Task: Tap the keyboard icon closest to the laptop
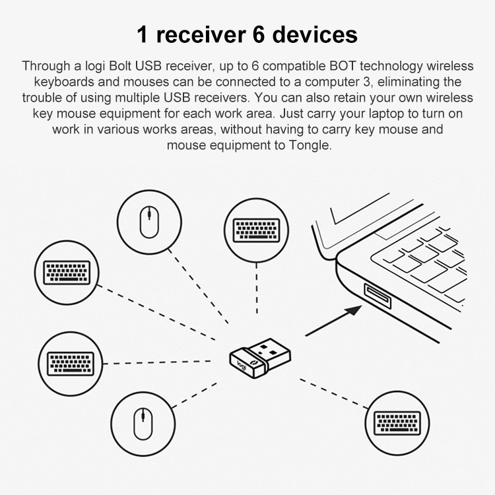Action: click(x=256, y=230)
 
